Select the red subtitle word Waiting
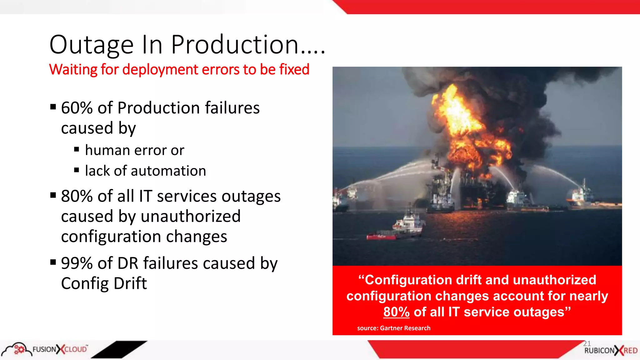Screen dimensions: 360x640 [73, 69]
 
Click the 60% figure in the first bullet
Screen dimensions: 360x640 [77, 108]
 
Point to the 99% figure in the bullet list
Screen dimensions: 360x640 [77, 263]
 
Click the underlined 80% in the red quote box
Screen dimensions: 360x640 [396, 312]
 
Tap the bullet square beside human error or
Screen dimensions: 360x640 [77, 150]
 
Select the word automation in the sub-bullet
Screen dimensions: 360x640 [168, 171]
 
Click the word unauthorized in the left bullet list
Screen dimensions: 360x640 [191, 216]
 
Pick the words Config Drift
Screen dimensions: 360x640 [104, 283]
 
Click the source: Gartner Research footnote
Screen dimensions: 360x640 [394, 328]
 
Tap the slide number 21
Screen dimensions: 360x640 [587, 343]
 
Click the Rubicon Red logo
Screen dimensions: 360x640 [611, 351]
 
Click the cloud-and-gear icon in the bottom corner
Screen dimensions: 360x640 [17, 349]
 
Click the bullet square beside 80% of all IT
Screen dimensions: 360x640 [53, 196]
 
